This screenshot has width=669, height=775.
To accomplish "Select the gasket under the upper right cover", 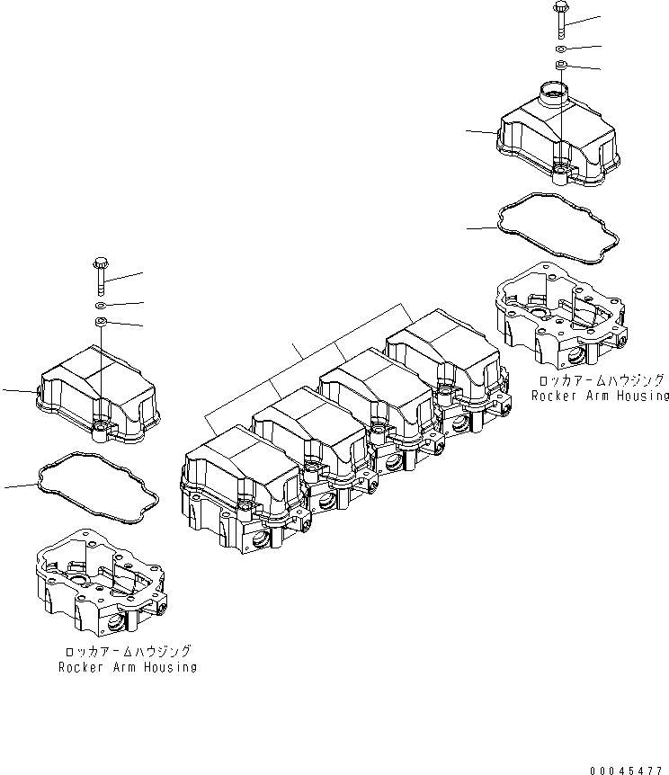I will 557,232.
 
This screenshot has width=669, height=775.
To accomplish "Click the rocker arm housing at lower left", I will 100,584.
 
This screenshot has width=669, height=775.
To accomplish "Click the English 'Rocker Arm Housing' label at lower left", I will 128,667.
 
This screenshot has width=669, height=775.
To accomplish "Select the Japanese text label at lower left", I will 128,651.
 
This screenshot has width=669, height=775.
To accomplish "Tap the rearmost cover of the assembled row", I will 441,360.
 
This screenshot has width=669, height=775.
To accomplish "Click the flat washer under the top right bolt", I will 559,48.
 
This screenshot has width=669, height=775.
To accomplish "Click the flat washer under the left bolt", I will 100,305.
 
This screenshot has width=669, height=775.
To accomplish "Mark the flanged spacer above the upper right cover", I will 559,66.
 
